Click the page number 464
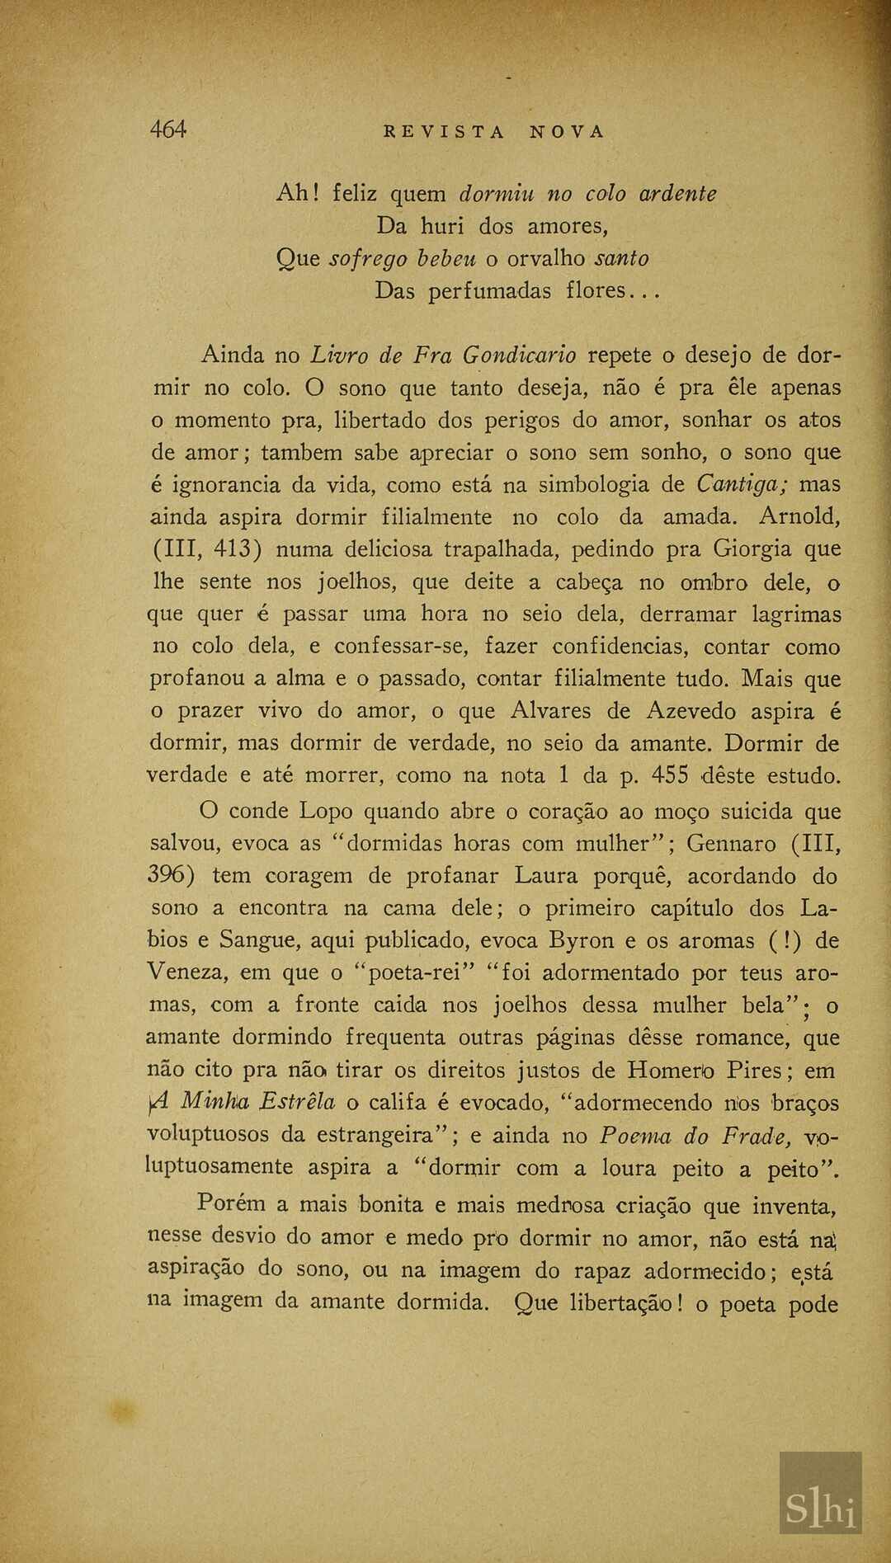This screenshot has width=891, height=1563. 168,129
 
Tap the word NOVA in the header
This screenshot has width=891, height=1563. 567,132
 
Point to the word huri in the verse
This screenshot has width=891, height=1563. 445,226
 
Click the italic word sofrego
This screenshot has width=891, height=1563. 367,259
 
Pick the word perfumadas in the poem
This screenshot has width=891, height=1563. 489,291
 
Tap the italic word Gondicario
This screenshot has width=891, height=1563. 519,355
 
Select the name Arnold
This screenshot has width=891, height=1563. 799,517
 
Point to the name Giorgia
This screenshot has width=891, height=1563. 752,549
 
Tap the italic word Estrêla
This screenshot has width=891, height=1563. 297,1103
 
